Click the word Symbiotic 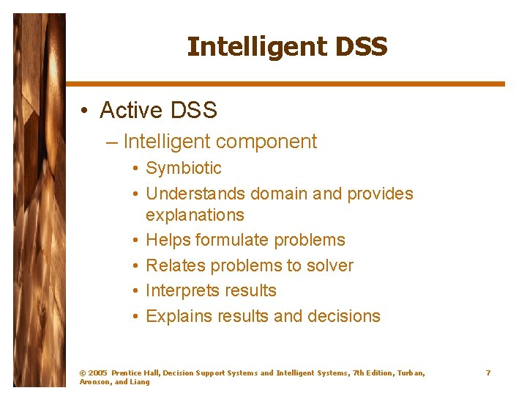tap(184, 168)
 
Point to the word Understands tap(195, 194)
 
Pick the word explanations tap(195, 215)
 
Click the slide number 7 tap(488, 373)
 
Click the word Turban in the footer tap(408, 373)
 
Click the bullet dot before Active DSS tap(86, 111)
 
